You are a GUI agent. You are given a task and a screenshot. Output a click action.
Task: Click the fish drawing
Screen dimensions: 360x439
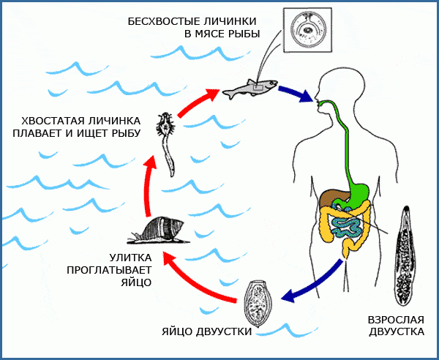(x=248, y=91)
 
